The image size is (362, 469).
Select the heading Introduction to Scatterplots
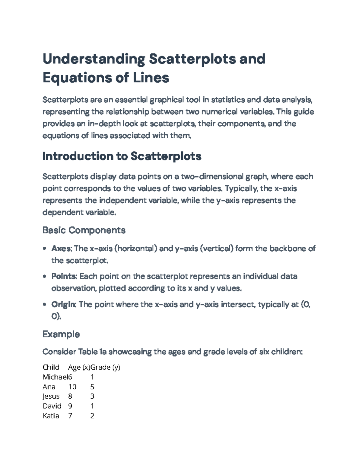(122, 156)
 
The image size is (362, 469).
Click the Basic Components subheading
(84, 230)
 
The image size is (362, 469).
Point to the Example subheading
(61, 334)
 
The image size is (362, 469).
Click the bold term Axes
(62, 249)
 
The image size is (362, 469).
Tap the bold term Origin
(64, 304)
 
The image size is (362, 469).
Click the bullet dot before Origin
(45, 304)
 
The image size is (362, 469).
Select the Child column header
(51, 367)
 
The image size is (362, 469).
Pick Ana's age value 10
(72, 387)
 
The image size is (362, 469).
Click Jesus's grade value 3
(92, 396)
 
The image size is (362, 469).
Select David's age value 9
(70, 406)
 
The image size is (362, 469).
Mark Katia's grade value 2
(92, 416)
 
